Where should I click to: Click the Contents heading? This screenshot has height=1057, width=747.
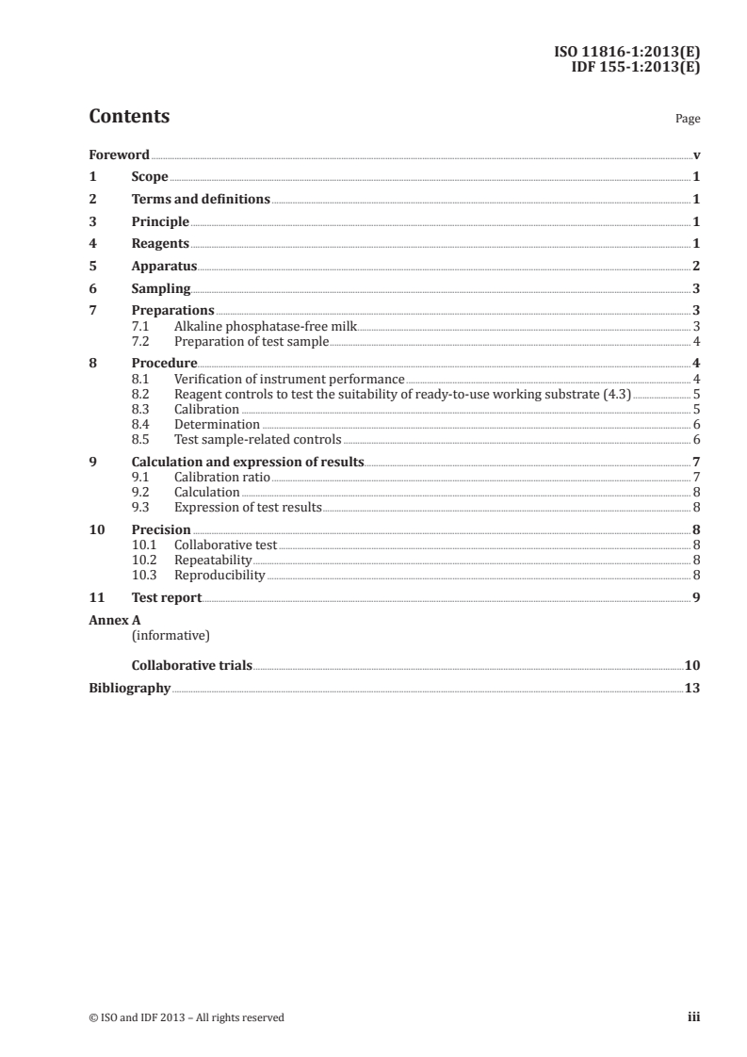(x=129, y=117)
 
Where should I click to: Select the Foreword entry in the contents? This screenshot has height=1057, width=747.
(x=119, y=154)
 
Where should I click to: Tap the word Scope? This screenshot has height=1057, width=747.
(x=150, y=177)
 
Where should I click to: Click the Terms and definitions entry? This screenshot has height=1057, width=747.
(x=201, y=200)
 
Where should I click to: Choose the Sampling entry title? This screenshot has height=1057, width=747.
(x=161, y=289)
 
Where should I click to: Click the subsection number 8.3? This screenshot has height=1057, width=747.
(x=141, y=410)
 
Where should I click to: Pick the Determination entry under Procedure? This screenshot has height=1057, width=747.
(x=217, y=425)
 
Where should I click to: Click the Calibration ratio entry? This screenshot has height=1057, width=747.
(x=222, y=478)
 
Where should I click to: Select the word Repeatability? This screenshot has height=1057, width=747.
(x=214, y=561)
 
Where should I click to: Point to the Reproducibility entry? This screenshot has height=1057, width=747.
(x=219, y=575)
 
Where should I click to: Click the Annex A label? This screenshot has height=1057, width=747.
(x=112, y=621)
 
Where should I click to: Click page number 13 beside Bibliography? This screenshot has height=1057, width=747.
(x=692, y=688)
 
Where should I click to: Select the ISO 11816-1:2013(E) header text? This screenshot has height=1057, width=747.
(x=625, y=53)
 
